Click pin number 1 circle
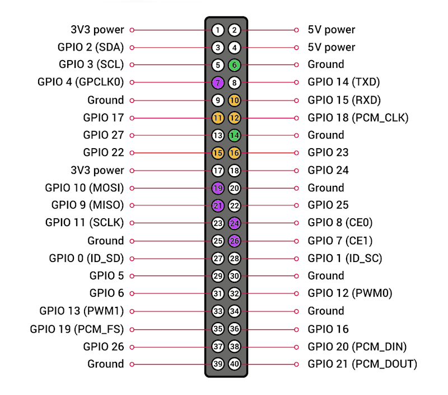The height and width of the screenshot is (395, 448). [218, 30]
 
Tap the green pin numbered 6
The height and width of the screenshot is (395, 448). [235, 65]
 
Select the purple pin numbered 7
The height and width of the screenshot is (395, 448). [218, 82]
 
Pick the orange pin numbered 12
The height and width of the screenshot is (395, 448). [235, 118]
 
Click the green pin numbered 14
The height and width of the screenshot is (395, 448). [235, 135]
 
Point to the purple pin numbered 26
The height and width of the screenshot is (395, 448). [235, 241]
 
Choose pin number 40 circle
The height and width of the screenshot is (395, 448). [235, 364]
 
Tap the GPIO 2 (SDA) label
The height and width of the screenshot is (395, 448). [90, 47]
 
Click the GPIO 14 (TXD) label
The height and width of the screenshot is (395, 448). [343, 82]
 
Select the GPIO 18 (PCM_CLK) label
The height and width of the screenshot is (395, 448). [358, 118]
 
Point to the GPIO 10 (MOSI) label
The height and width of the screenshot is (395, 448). [84, 188]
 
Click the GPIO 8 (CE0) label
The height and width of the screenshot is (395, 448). [340, 223]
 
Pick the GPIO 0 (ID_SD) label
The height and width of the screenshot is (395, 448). [86, 258]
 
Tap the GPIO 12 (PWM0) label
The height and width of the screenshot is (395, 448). [350, 293]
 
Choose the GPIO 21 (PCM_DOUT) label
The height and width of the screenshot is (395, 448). [362, 364]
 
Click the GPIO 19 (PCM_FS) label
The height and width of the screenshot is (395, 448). [77, 329]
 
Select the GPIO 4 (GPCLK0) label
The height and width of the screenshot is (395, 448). [81, 82]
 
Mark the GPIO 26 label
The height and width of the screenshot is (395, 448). [104, 347]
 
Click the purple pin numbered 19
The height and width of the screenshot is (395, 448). [218, 188]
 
